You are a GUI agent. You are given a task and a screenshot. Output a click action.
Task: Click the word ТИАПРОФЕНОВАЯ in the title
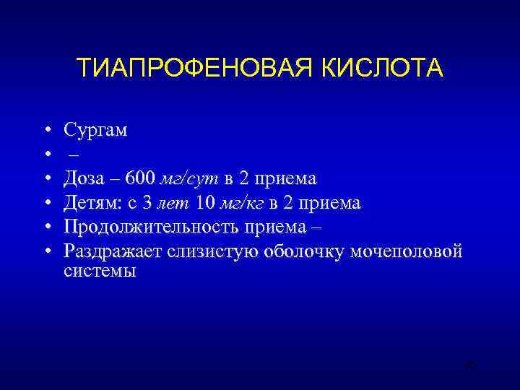tap(188, 69)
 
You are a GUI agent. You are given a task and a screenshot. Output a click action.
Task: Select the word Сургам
tap(95, 131)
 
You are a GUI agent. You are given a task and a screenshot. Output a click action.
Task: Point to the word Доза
tap(84, 178)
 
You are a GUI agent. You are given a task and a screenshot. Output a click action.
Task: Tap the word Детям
tap(90, 203)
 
